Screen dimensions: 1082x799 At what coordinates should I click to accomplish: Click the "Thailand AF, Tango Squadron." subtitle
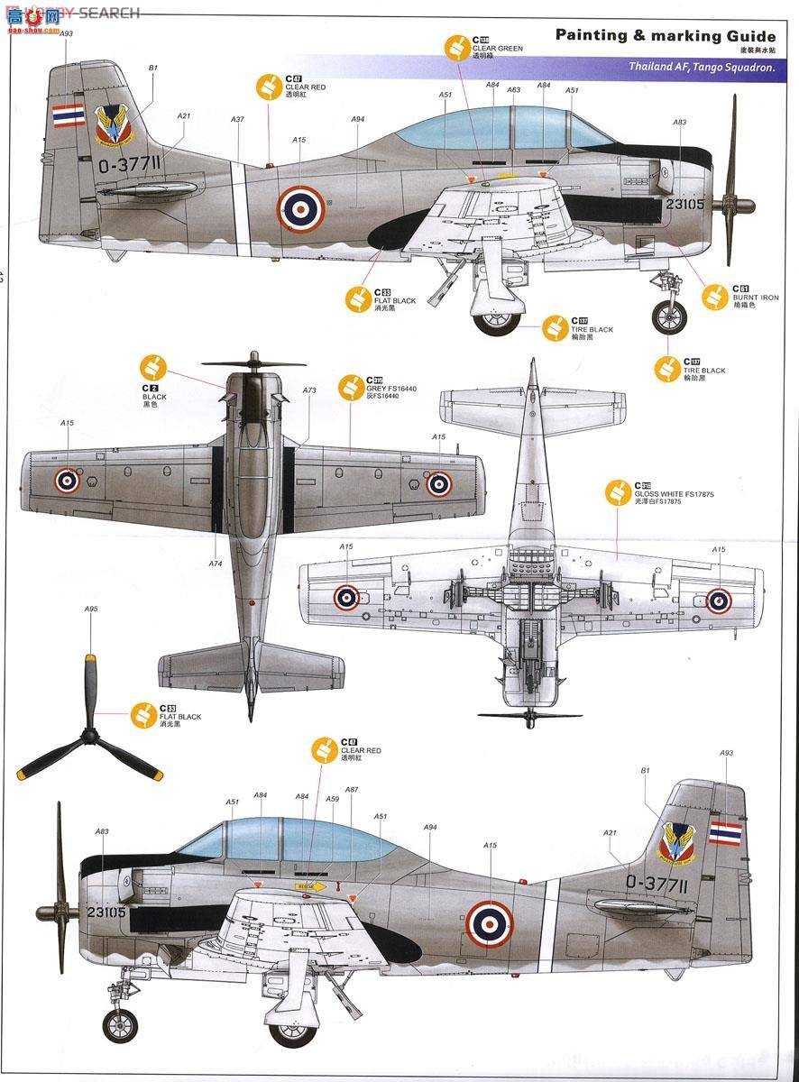701,68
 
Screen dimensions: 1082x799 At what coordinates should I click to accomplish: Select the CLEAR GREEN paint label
497,47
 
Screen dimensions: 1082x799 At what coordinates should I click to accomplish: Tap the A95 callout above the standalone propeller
91,610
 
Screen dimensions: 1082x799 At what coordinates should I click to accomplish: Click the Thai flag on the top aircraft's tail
69,115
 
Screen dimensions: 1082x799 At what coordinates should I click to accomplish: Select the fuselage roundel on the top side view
301,208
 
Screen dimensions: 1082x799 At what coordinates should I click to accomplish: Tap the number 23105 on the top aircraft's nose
684,203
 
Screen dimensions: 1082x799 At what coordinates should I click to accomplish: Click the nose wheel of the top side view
669,316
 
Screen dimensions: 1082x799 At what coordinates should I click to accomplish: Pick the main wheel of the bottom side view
294,1027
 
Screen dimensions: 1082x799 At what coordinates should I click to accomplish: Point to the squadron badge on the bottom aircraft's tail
677,841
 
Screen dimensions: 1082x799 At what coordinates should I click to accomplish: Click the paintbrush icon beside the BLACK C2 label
154,368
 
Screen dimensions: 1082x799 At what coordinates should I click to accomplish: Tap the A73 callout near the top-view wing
309,390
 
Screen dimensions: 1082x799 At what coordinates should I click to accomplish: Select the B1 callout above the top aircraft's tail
152,68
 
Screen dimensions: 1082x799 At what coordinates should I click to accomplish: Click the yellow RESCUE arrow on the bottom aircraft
311,887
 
